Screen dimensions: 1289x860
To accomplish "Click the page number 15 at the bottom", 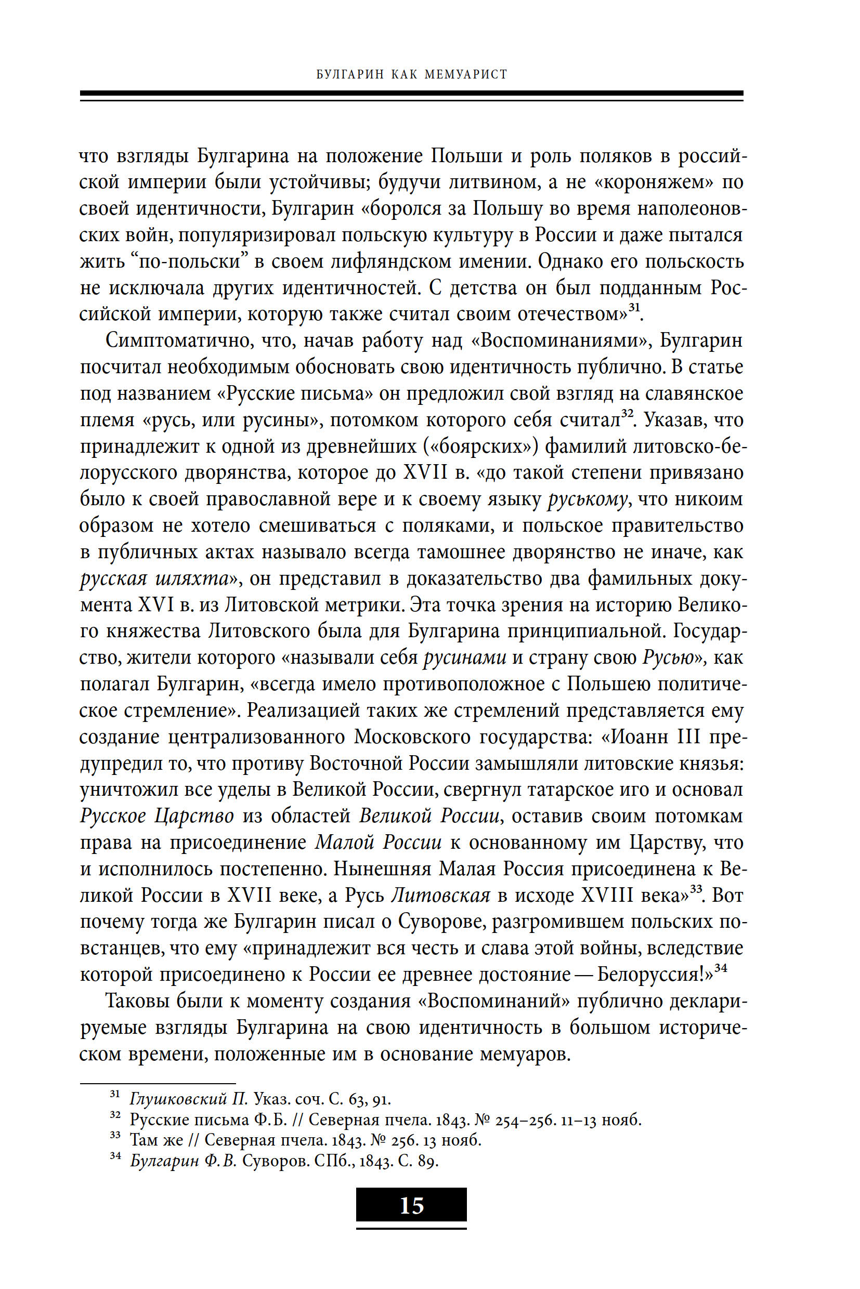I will click(411, 1206).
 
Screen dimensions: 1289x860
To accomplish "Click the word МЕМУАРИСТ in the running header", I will click(466, 74).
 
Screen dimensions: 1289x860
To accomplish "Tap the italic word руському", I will click(588, 499).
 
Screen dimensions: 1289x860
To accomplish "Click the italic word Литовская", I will click(440, 896).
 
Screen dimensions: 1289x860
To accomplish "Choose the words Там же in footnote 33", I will click(157, 1140).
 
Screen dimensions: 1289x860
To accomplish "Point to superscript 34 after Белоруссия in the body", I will click(720, 969).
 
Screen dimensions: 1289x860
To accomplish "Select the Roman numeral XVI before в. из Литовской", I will click(156, 606).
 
